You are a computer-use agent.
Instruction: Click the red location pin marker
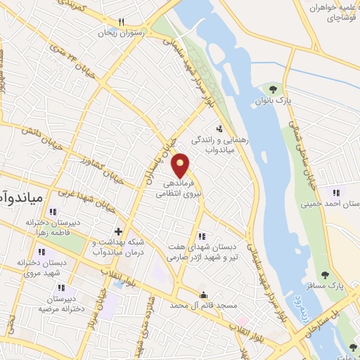pyautogui.click(x=181, y=165)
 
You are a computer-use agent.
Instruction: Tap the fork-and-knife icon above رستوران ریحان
pyautogui.click(x=122, y=22)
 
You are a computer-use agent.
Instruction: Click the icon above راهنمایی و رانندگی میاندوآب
pyautogui.click(x=220, y=129)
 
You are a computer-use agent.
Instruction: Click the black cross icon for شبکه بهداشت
pyautogui.click(x=118, y=231)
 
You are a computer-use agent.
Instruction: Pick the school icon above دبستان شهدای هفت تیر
pyautogui.click(x=202, y=236)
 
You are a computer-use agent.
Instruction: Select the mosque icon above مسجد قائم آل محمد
pyautogui.click(x=203, y=295)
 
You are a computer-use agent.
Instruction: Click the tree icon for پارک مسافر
pyautogui.click(x=325, y=275)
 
